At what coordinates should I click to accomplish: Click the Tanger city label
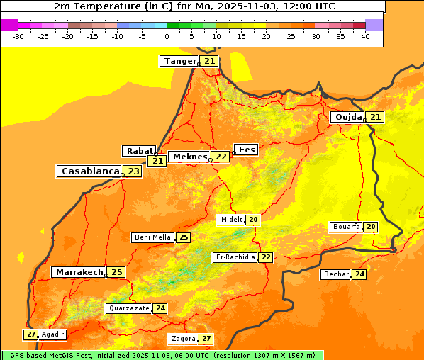(179, 61)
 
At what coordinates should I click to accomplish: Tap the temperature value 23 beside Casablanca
(133, 171)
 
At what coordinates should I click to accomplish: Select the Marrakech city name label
(79, 272)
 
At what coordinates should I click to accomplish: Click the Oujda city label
(348, 117)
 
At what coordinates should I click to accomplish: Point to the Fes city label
(246, 150)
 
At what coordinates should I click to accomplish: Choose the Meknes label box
(189, 157)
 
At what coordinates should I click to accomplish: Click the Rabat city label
(139, 151)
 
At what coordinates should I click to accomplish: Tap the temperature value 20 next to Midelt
(253, 220)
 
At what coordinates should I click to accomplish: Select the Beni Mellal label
(153, 237)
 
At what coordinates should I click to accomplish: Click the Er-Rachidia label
(235, 257)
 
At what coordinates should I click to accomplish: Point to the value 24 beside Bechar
(359, 274)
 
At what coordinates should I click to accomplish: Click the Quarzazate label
(128, 308)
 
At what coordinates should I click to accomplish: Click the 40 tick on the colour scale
(365, 36)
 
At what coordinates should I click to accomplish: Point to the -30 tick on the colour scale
(18, 36)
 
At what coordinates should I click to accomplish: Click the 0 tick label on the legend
(167, 36)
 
